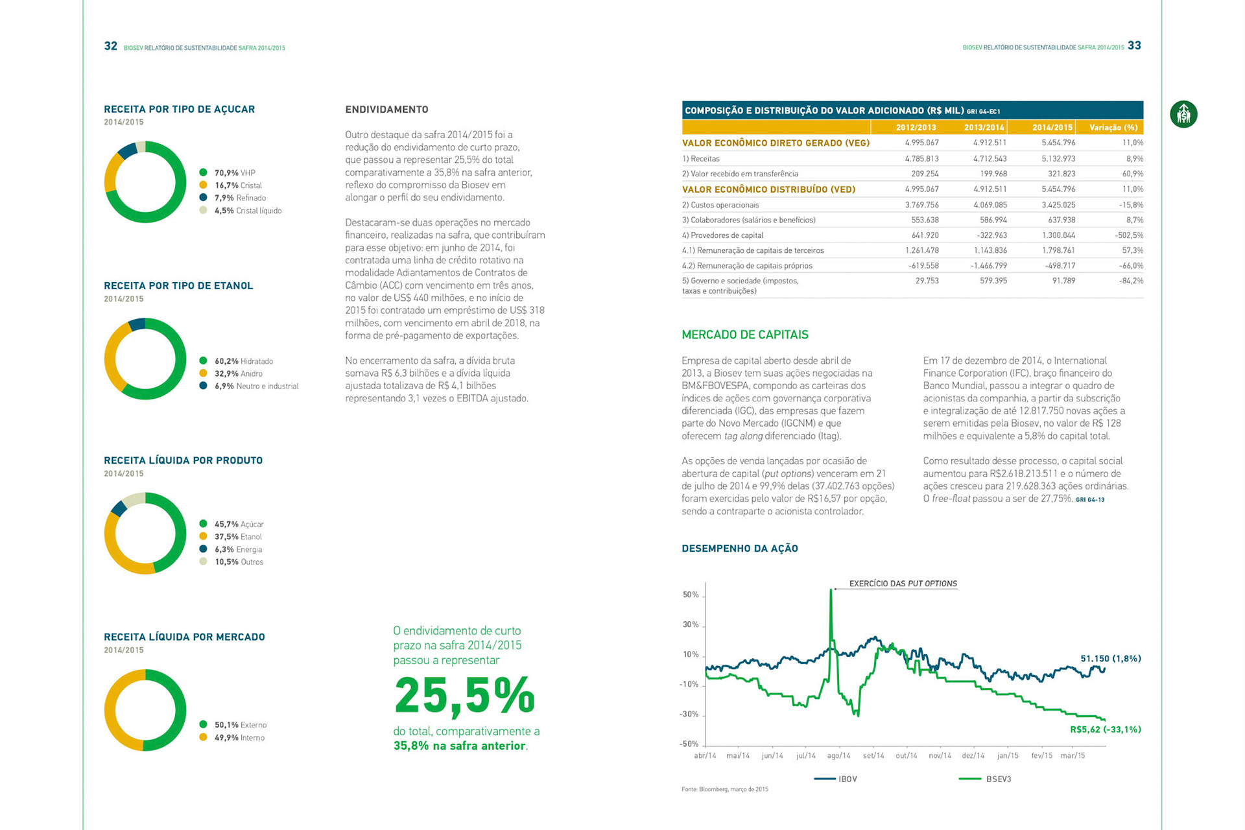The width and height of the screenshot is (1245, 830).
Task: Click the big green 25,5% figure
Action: (464, 696)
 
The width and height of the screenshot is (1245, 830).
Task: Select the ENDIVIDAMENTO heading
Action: (386, 110)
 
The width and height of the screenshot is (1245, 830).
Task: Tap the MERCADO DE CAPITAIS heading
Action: (744, 335)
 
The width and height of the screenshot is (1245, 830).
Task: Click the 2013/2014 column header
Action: (983, 128)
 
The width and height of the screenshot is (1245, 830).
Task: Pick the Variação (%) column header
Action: (1113, 128)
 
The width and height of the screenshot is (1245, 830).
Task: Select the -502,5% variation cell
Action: (1129, 235)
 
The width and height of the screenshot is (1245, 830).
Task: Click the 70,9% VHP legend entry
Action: (234, 173)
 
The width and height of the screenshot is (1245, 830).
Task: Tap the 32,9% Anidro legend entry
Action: (238, 373)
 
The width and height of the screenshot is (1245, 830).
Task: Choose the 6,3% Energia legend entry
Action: (238, 549)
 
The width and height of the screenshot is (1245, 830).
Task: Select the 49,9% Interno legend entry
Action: (239, 737)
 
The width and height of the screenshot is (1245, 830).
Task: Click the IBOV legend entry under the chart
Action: (836, 779)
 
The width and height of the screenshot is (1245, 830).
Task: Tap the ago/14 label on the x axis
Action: (838, 755)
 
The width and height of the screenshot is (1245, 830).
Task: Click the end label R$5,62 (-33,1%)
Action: (1105, 729)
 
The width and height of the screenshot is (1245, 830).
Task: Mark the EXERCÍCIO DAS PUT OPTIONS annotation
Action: (903, 584)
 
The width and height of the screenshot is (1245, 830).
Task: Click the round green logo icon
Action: (1183, 114)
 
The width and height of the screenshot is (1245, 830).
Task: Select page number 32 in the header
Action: (111, 46)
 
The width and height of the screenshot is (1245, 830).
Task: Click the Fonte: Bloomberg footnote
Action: (724, 789)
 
